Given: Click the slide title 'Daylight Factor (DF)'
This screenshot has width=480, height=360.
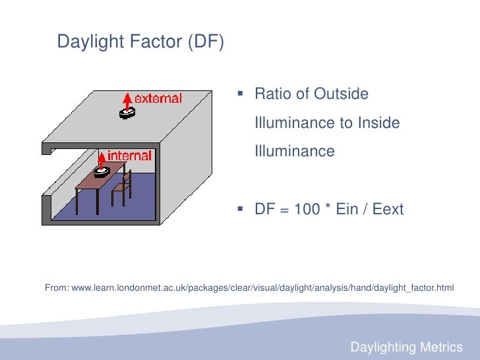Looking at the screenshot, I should (x=140, y=42).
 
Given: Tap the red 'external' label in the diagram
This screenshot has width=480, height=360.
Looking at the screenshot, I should (x=158, y=99).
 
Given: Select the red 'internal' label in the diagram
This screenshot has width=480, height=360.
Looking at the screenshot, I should (x=129, y=156).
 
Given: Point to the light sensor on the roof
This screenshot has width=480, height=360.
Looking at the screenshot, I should (x=127, y=113).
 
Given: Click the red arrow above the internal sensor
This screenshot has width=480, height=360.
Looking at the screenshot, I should (x=102, y=158).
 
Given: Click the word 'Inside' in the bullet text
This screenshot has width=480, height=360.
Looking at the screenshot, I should (x=378, y=123).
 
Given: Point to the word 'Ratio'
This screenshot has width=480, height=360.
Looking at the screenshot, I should (x=272, y=94).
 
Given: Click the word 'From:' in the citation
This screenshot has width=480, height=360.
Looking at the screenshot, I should (x=57, y=287).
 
